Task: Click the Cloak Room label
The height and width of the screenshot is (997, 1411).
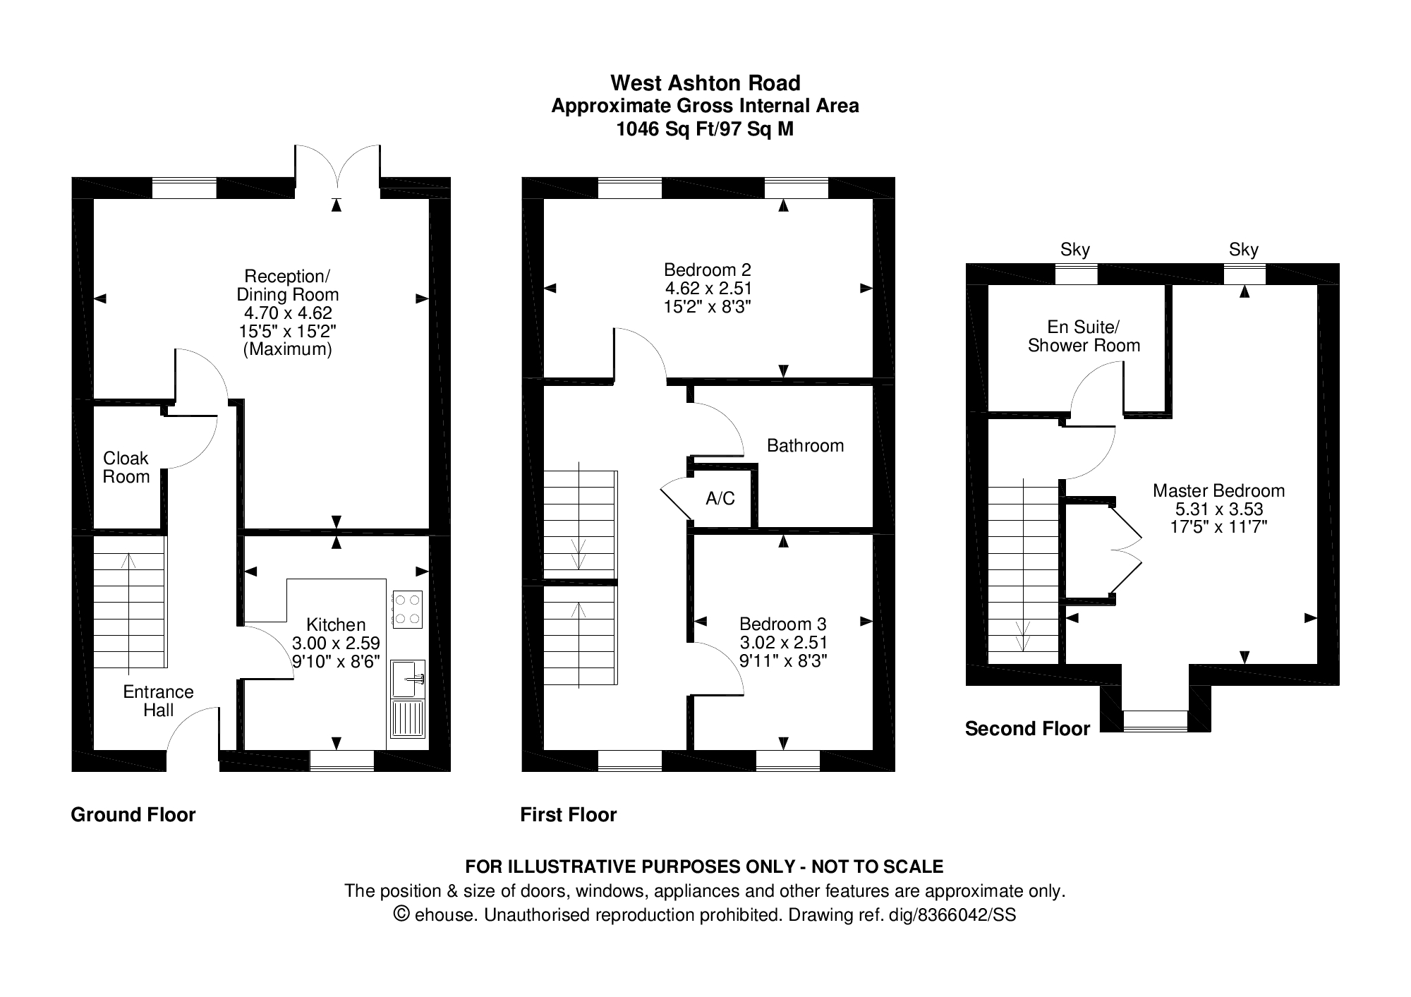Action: pyautogui.click(x=126, y=467)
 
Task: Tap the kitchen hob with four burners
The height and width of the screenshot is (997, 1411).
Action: pyautogui.click(x=407, y=609)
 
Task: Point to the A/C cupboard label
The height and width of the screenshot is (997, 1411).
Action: pyautogui.click(x=720, y=499)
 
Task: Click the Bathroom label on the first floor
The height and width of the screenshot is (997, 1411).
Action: pyautogui.click(x=805, y=445)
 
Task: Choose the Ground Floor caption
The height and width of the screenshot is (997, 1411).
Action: pyautogui.click(x=133, y=815)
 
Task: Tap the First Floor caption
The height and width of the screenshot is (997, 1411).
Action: pyautogui.click(x=568, y=815)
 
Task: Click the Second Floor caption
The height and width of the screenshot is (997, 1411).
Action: pyautogui.click(x=1027, y=729)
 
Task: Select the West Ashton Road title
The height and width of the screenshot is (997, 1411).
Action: pyautogui.click(x=705, y=83)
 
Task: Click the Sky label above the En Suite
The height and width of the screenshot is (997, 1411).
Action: pyautogui.click(x=1075, y=250)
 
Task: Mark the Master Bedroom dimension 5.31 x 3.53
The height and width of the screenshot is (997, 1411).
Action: pyautogui.click(x=1218, y=509)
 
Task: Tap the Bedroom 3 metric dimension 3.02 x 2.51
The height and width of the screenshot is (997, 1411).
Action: pyautogui.click(x=782, y=642)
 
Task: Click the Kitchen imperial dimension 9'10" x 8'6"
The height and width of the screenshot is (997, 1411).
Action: pyautogui.click(x=336, y=661)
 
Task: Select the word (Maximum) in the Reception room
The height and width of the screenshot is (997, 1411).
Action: pyautogui.click(x=287, y=349)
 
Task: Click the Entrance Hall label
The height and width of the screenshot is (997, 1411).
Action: pyautogui.click(x=158, y=701)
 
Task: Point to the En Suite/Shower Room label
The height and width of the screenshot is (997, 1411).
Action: pyautogui.click(x=1084, y=337)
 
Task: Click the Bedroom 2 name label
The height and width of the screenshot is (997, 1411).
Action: pyautogui.click(x=708, y=270)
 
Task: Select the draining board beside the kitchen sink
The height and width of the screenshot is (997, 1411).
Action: pyautogui.click(x=407, y=718)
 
